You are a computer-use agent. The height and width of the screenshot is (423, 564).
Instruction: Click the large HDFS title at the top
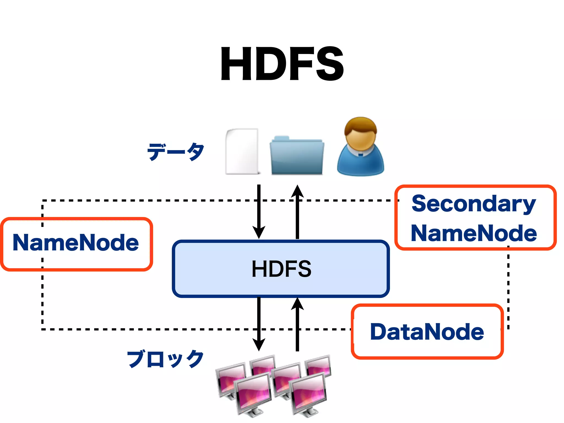(x=282, y=64)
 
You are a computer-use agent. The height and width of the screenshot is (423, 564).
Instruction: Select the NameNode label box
(x=76, y=244)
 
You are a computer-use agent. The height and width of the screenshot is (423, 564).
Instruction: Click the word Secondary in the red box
(x=474, y=204)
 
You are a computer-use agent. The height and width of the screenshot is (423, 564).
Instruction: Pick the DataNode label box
(x=427, y=332)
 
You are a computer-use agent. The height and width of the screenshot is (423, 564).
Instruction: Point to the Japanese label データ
(x=176, y=152)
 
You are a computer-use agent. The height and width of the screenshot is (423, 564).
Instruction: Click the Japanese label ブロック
(x=165, y=359)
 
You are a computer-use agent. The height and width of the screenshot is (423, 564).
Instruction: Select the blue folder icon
(x=297, y=156)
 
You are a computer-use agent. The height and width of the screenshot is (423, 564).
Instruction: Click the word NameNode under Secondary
(x=474, y=234)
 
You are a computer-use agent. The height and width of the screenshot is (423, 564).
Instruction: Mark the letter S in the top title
(x=330, y=64)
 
